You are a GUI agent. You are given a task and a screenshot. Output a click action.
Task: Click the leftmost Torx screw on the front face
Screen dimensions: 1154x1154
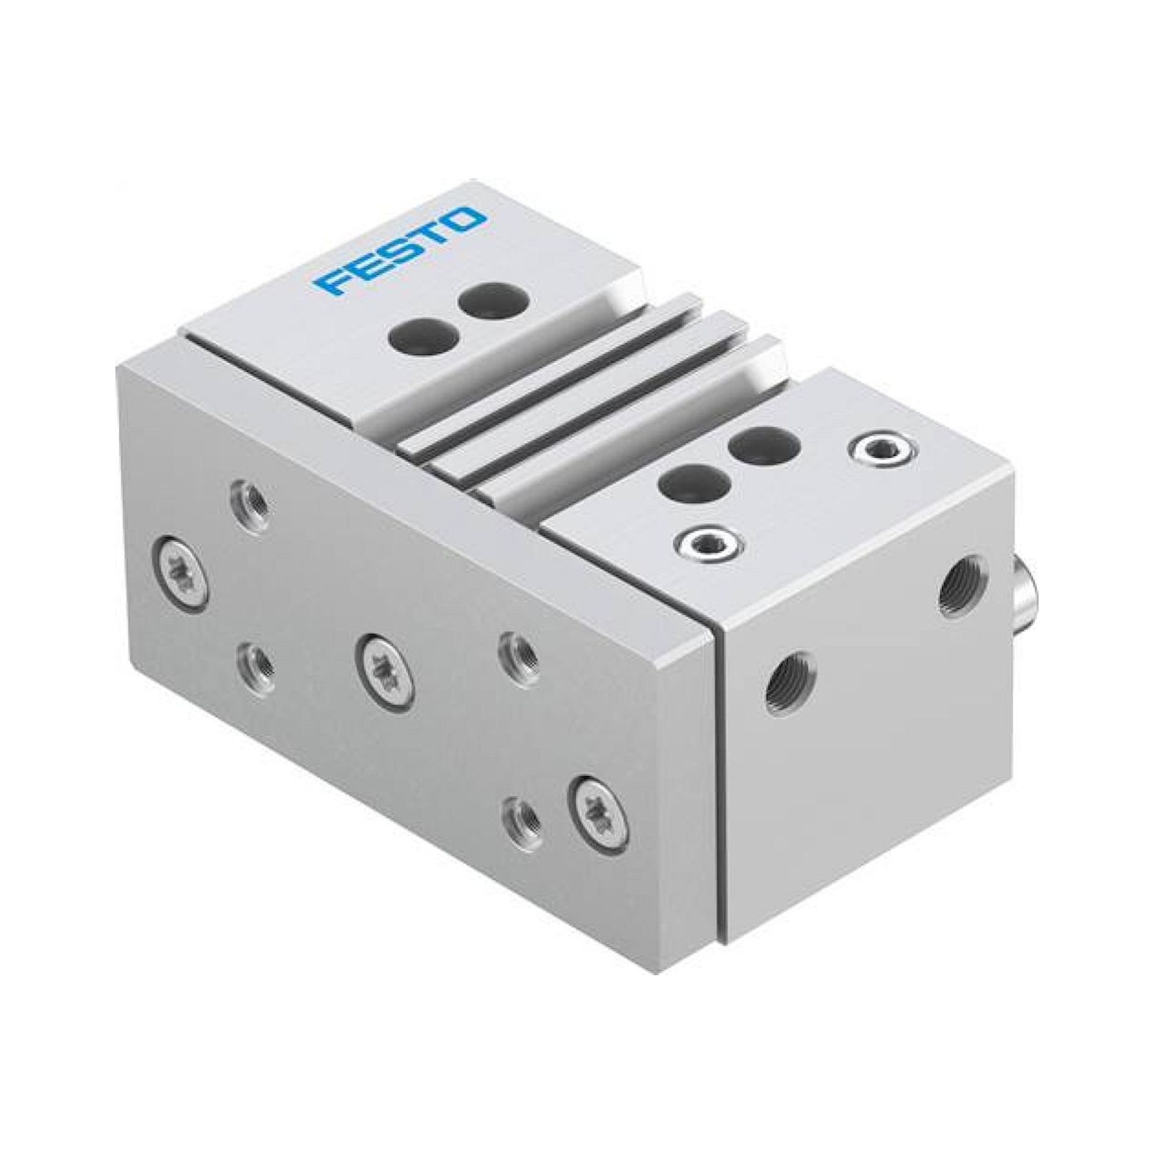click(x=181, y=559)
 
